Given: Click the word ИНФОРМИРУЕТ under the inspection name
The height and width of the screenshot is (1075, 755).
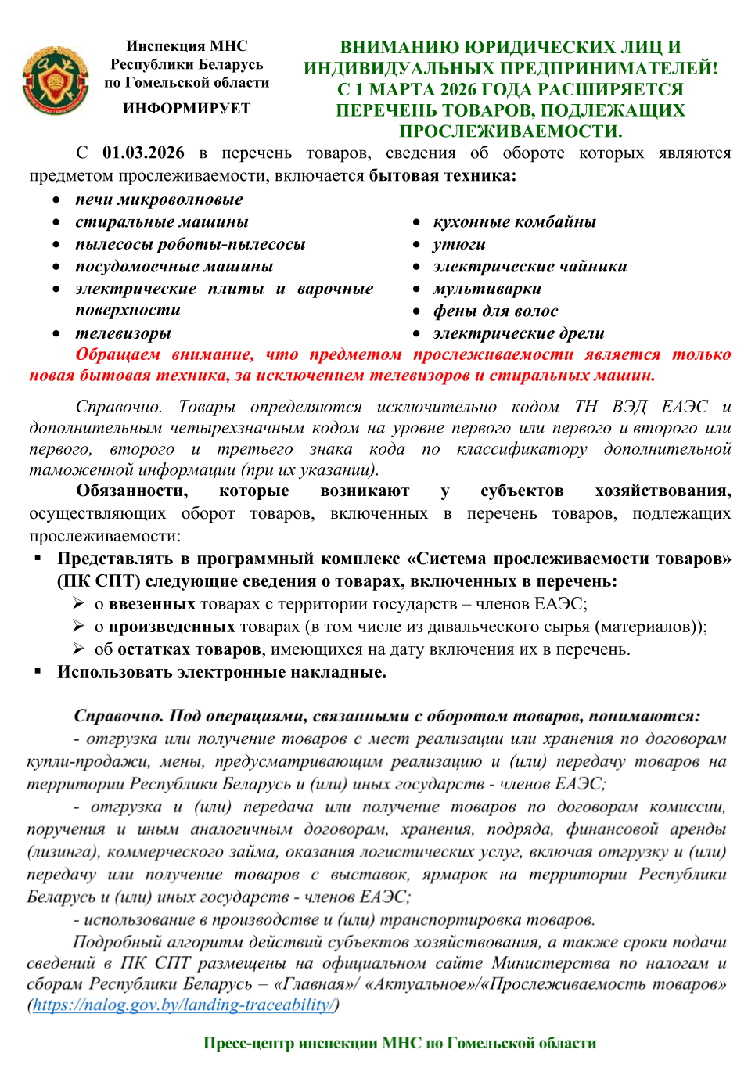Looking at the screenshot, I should coord(187,109).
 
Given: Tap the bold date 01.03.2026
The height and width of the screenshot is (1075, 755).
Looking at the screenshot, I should coord(143,153).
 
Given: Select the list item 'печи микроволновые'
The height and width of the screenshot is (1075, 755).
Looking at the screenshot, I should coord(159,200).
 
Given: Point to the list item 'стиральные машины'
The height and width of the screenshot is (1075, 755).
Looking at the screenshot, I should coord(161,222).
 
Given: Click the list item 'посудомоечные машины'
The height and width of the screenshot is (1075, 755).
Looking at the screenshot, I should coord(174,267).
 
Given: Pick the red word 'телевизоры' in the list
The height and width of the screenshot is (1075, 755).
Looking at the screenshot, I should coord(123,333).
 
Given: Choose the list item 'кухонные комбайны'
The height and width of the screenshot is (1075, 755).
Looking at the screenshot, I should coord(514,222).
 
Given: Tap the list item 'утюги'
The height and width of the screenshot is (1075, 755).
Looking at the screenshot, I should coord(459,245).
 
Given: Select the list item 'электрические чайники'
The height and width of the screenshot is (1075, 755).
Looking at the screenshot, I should coord(530,267).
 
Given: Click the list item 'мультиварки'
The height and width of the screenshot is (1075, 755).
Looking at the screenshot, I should coord(487,289).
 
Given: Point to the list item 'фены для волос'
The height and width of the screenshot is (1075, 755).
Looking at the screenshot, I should coord(495,311).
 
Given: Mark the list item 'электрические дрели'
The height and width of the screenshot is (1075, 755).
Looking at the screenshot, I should coord(519,333).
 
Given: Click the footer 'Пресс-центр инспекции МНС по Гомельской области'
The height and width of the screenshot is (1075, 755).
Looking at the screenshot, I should coord(400,1043).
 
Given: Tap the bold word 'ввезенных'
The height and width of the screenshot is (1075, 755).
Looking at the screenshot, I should coord(152,604).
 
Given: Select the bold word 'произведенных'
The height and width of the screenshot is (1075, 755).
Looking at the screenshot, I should coord(171,627).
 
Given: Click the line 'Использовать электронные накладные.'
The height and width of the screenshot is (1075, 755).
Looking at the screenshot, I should coord(221,672).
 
